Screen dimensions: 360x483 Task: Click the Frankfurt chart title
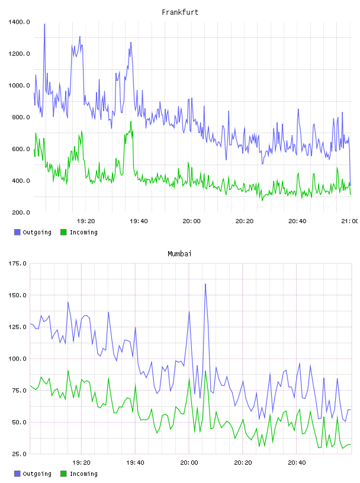pyautogui.click(x=180, y=12)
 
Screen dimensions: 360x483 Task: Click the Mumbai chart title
pyautogui.click(x=179, y=254)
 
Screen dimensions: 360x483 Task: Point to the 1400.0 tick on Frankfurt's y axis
pyautogui.click(x=19, y=22)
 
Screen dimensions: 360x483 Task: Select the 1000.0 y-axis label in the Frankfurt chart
pyautogui.click(x=19, y=85)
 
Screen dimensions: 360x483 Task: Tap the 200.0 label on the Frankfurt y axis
pyautogui.click(x=21, y=212)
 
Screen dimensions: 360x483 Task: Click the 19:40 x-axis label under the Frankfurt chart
pyautogui.click(x=139, y=221)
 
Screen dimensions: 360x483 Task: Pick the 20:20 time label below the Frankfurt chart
pyautogui.click(x=245, y=221)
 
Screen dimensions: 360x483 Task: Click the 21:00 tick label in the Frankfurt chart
pyautogui.click(x=350, y=221)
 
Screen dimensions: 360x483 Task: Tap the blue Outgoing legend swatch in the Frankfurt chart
pyautogui.click(x=17, y=232)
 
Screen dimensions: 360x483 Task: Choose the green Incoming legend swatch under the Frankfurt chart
pyautogui.click(x=63, y=232)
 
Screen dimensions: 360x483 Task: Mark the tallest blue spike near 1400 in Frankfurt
pyautogui.click(x=44, y=24)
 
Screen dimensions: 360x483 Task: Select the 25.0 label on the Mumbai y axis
pyautogui.click(x=19, y=454)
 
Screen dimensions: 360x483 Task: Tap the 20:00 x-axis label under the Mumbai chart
pyautogui.click(x=189, y=463)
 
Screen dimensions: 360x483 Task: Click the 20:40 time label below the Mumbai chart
pyautogui.click(x=297, y=463)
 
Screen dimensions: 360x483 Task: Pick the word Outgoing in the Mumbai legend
pyautogui.click(x=37, y=474)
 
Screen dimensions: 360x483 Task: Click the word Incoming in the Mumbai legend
pyautogui.click(x=83, y=474)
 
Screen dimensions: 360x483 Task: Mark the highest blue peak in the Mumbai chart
pyautogui.click(x=205, y=284)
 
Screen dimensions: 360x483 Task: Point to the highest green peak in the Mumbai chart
pyautogui.click(x=68, y=371)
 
